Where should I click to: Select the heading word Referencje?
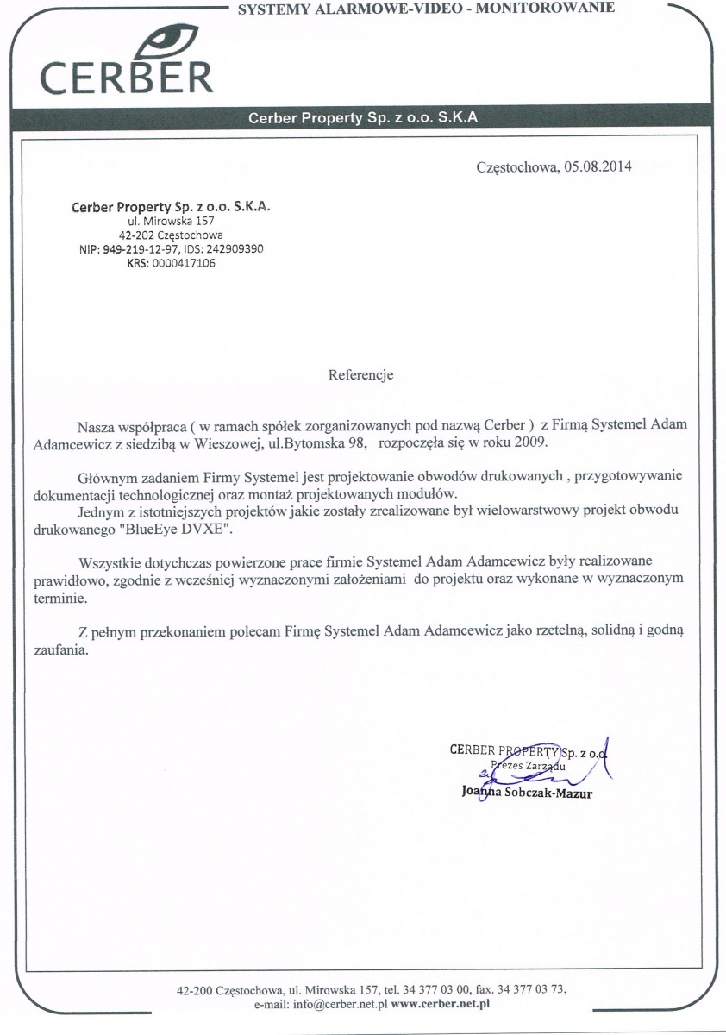coord(361,375)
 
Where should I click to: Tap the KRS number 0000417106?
coord(184,264)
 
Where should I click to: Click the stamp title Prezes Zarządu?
coord(528,765)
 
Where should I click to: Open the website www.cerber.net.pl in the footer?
coord(440,1004)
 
